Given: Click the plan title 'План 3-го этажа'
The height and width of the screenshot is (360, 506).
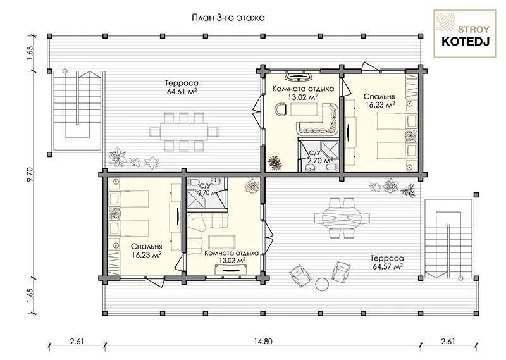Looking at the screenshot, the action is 228,18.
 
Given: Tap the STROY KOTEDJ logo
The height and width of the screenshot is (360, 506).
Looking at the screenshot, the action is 465,34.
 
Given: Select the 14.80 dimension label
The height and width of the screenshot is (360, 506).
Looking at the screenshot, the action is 263,341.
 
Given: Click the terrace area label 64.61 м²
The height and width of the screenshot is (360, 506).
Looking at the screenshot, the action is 182,91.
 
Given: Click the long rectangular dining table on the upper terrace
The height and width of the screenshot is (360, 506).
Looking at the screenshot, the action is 183,132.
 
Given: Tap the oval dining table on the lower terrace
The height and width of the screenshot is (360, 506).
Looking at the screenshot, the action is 342,218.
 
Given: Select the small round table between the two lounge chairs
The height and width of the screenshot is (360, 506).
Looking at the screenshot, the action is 322,285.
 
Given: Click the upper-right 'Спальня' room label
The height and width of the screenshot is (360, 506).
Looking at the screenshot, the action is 379,97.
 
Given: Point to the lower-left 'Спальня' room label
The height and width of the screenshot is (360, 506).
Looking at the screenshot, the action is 147,247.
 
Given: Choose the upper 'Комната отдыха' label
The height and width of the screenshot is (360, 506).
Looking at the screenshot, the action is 303,89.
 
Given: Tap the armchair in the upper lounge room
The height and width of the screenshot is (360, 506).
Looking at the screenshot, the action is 280,109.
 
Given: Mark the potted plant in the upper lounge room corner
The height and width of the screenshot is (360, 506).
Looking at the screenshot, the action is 275,163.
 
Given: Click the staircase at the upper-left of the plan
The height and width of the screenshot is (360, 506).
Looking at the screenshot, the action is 77,110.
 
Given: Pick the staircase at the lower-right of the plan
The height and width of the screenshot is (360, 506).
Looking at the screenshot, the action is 448,239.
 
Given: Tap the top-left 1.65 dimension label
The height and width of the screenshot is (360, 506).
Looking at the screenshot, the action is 30,53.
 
